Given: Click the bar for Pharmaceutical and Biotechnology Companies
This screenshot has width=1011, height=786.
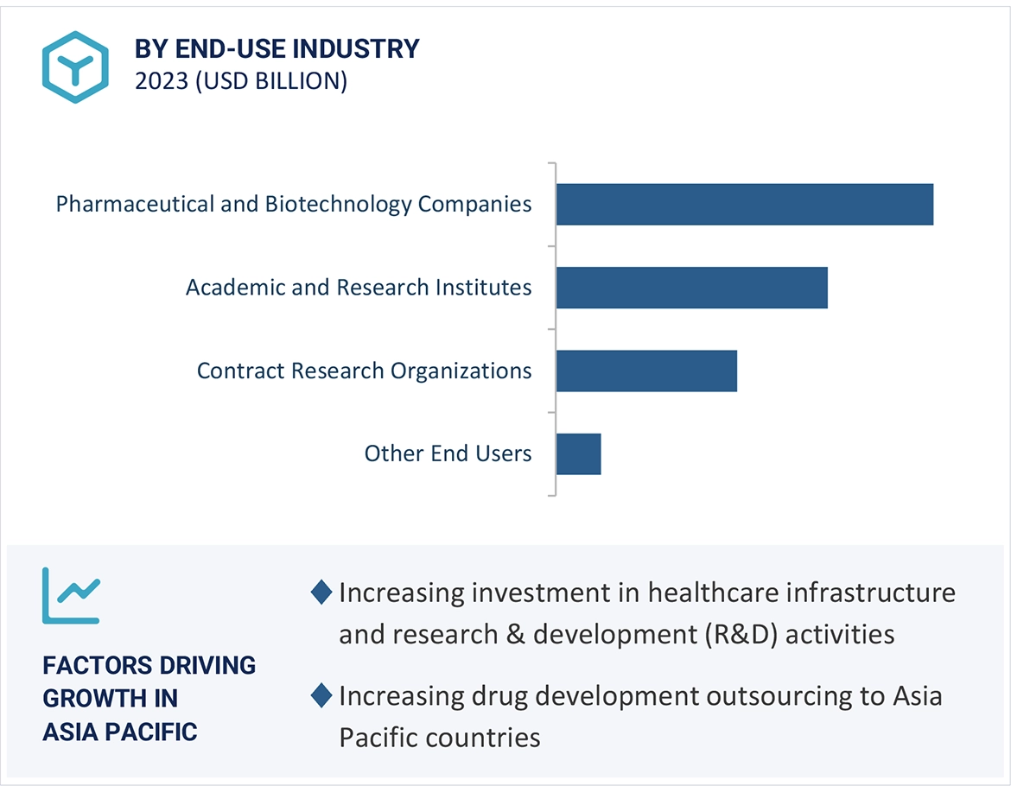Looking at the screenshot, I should [x=744, y=205].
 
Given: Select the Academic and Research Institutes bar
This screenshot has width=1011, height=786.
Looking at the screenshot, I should [x=691, y=288].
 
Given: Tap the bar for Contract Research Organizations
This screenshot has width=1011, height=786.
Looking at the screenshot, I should [x=646, y=371].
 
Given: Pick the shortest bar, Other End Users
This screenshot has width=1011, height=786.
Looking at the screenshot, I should [x=578, y=453].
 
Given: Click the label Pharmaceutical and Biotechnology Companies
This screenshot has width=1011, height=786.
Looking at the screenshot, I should [x=294, y=205].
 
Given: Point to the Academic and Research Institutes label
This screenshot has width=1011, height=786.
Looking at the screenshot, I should [x=359, y=288].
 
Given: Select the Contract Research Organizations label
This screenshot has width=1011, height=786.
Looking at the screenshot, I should [x=364, y=371].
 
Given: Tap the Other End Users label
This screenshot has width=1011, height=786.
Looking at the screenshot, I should [x=448, y=453].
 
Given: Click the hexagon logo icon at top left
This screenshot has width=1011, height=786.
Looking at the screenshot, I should [x=75, y=67].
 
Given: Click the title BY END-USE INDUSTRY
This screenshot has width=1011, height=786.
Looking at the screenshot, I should [x=277, y=49].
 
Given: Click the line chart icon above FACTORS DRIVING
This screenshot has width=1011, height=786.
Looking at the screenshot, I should [x=72, y=595].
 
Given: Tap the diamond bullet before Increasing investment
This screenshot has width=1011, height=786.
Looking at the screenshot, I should [x=321, y=593].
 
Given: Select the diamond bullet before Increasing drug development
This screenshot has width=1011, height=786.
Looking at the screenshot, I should [x=321, y=695].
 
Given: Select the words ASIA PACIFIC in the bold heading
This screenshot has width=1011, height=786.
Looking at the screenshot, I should [x=120, y=732].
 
